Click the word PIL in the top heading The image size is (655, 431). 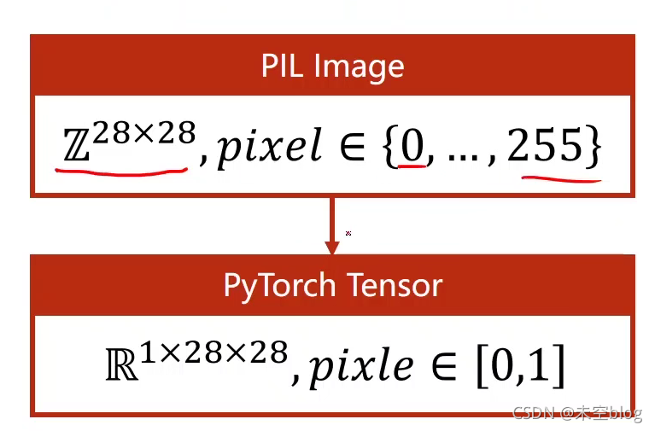click(x=283, y=67)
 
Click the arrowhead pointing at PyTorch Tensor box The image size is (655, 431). click(x=331, y=245)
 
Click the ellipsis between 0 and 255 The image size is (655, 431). click(x=460, y=156)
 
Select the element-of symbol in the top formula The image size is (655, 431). click(x=355, y=149)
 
